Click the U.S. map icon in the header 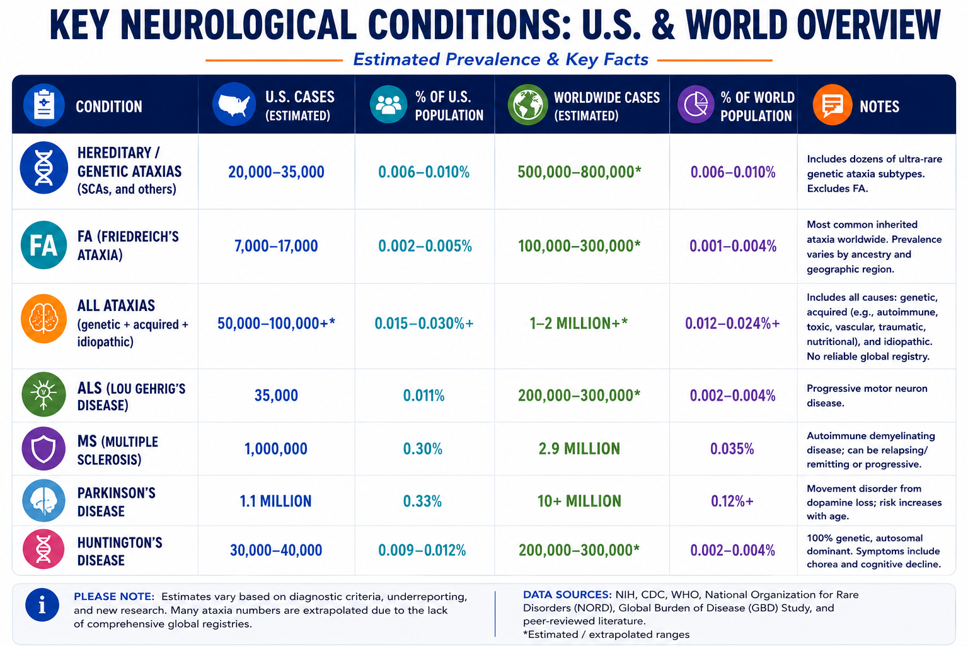coord(234,104)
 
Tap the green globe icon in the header coord(528,105)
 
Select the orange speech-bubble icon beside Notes coord(833,105)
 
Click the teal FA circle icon coord(43,245)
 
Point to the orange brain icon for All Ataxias coord(43,319)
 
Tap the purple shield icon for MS coord(43,449)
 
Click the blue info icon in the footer coord(42,605)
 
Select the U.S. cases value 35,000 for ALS coord(276,396)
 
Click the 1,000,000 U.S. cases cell coord(276,449)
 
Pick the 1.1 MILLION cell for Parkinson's coord(275,501)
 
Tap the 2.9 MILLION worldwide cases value coord(579,449)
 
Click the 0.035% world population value coord(732,449)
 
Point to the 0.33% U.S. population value coord(423,501)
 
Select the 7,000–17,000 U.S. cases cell coord(276,246)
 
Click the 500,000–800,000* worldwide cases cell coord(579,172)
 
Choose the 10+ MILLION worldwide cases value coord(579,501)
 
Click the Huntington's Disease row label coord(120,551)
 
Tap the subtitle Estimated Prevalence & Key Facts coord(501,59)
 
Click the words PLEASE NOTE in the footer coord(114,597)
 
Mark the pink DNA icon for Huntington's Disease coord(43,549)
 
